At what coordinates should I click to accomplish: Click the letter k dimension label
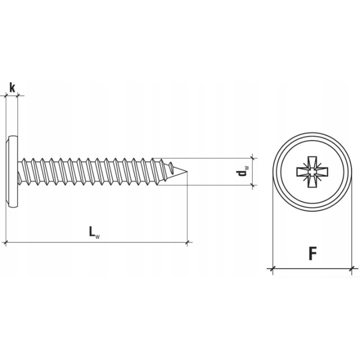tap(12, 88)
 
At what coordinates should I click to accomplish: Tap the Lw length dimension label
tap(94, 232)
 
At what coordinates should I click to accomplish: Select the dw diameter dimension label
tap(242, 172)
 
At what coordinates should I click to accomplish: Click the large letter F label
tap(313, 254)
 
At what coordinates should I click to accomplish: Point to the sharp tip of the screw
tap(187, 171)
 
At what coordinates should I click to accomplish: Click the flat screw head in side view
tap(12, 172)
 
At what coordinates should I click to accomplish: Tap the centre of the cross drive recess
tap(312, 172)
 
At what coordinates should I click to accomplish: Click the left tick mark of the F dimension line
tap(272, 268)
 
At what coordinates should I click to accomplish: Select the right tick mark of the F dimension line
tap(352, 268)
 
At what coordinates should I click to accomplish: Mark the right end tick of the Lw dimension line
tap(187, 242)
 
